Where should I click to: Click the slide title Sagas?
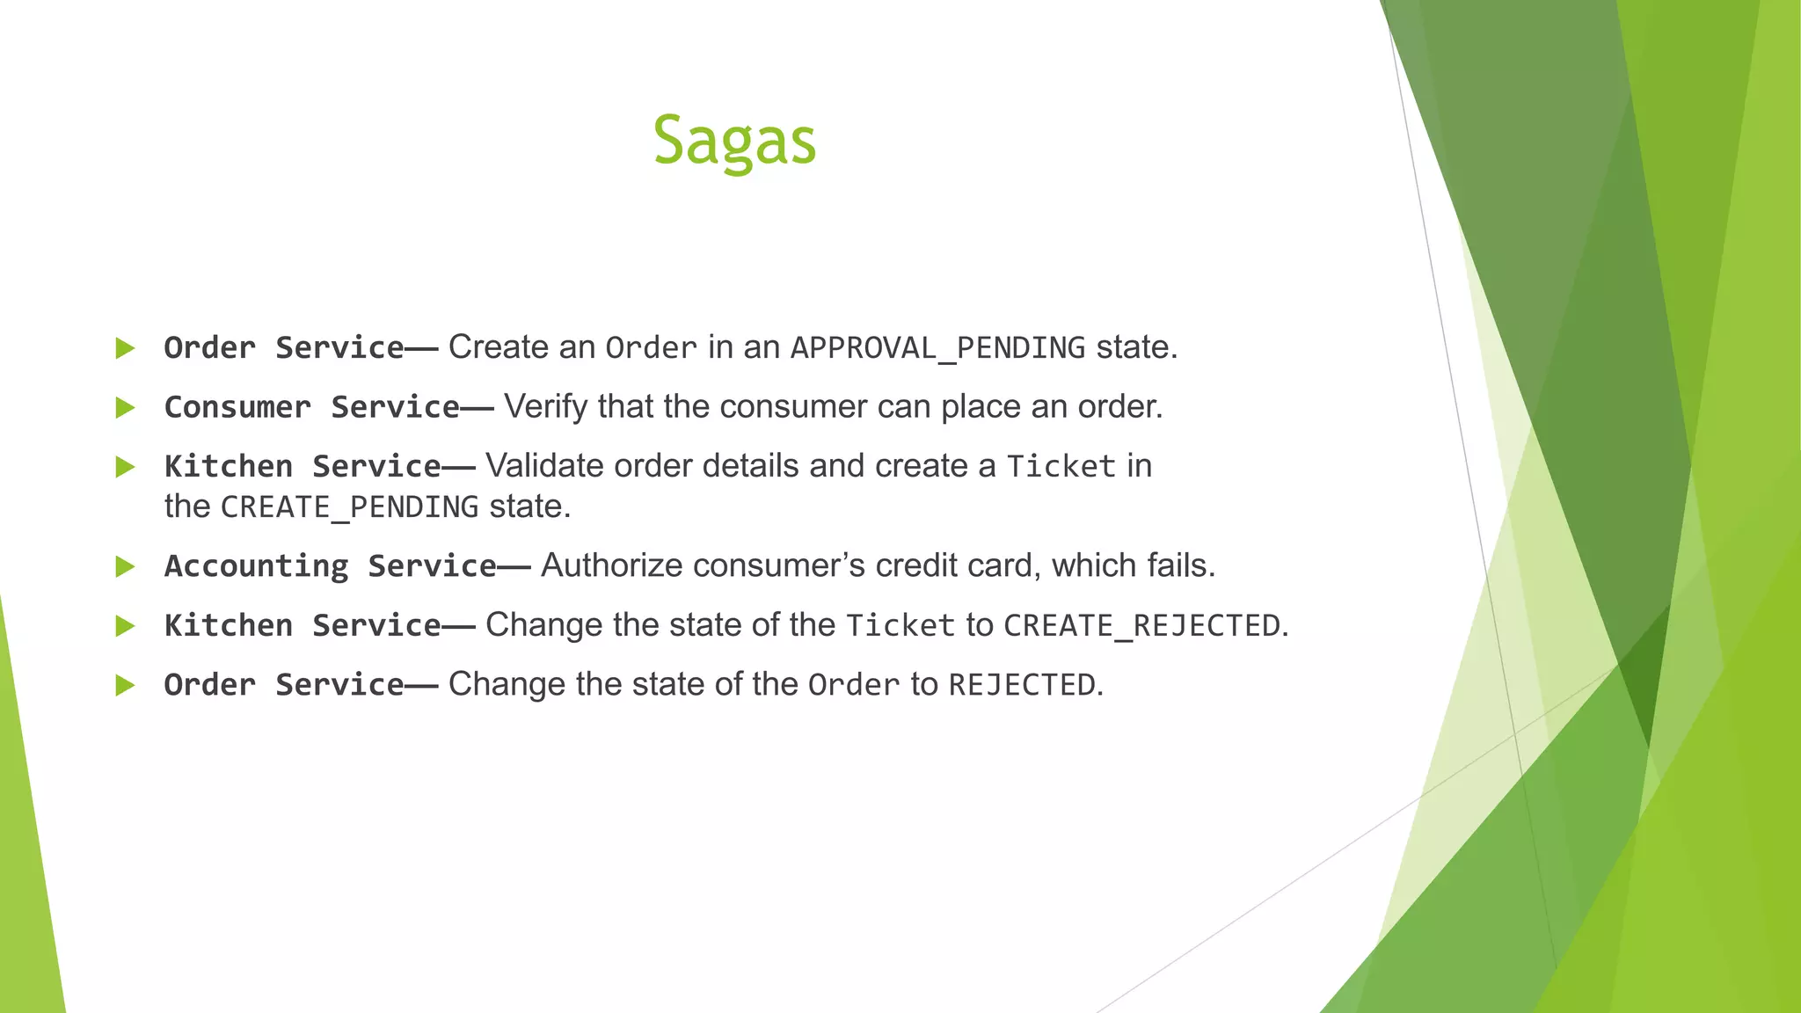(734, 141)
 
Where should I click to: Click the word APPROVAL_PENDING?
(937, 348)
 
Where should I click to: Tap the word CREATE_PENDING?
(349, 507)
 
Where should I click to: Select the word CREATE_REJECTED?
(1141, 626)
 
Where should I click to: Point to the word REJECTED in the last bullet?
(1021, 685)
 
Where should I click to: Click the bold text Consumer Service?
(311, 407)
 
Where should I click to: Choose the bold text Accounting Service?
(330, 566)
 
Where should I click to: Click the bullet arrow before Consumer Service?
(125, 408)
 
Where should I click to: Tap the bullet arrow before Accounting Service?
(125, 567)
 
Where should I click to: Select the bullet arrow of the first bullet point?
(125, 348)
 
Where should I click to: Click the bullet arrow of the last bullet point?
(125, 685)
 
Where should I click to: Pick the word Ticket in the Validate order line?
(1061, 466)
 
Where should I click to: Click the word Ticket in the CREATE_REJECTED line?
(900, 626)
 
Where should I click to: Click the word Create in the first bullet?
(498, 348)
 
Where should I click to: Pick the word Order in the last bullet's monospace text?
(853, 685)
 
